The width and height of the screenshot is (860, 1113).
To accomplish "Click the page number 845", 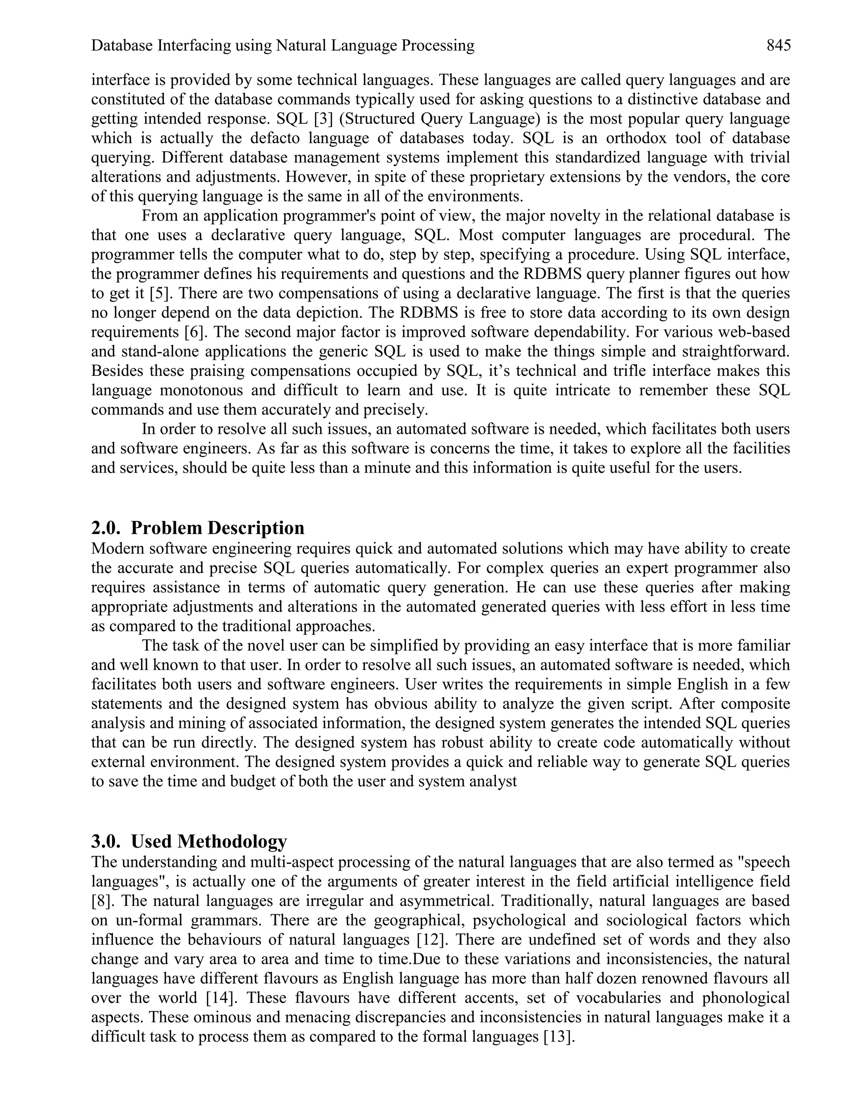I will point(779,46).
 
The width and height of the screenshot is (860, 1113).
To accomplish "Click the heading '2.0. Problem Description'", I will point(198,528).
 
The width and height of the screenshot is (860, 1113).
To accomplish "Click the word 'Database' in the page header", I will point(122,46).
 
